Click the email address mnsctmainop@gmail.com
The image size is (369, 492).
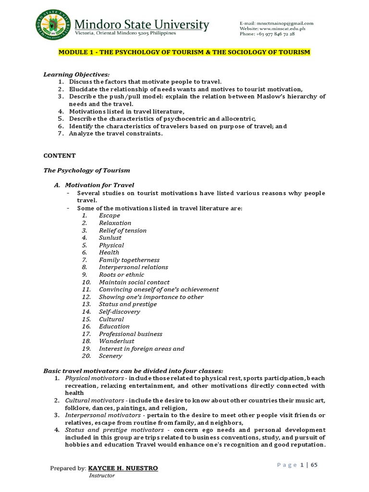[x=283, y=23]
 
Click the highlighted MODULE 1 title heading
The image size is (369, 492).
[x=184, y=52]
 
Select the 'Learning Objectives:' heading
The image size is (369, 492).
[x=76, y=74]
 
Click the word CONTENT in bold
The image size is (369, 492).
[x=60, y=156]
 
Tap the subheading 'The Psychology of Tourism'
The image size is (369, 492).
[x=86, y=171]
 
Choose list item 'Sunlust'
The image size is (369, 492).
[x=110, y=238]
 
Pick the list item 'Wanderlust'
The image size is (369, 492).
[x=117, y=341]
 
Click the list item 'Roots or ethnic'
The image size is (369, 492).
[x=121, y=275]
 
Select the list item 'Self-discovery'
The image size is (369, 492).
[x=120, y=312]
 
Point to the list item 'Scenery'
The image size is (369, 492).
[x=111, y=356]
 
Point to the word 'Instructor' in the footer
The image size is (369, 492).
[x=102, y=476]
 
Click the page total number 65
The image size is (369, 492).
[x=315, y=465]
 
